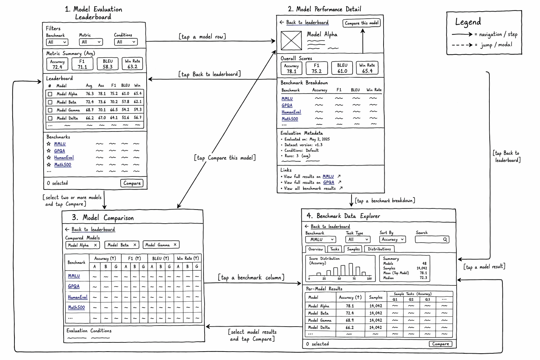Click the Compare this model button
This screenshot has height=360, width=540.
pos(361,23)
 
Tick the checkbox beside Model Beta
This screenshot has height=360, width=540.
pos(50,102)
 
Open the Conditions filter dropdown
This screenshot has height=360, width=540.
pos(126,42)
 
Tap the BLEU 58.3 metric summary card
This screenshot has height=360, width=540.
pos(108,64)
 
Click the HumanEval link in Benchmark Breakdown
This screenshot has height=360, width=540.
pos(291,112)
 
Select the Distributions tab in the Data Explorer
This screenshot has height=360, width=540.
pos(379,249)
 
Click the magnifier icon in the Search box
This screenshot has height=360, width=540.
pos(445,239)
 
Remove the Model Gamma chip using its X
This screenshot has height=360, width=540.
pos(175,244)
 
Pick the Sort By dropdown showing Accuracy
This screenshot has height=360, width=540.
pos(392,239)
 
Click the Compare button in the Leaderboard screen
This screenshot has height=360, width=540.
pos(132,183)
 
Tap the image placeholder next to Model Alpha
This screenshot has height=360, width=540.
pos(291,40)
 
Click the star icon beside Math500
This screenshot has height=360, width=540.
pos(49,165)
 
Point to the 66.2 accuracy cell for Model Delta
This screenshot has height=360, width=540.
pos(349,327)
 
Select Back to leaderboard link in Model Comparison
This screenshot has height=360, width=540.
pos(93,229)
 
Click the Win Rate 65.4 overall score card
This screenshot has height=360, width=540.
pos(367,68)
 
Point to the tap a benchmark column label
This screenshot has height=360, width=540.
pos(251,277)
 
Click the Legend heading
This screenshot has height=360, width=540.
pos(468,22)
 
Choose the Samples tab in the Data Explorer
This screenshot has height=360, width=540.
pos(353,249)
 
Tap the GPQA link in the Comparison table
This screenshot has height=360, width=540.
pos(73,286)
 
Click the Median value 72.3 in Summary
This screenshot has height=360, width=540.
pos(423,278)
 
